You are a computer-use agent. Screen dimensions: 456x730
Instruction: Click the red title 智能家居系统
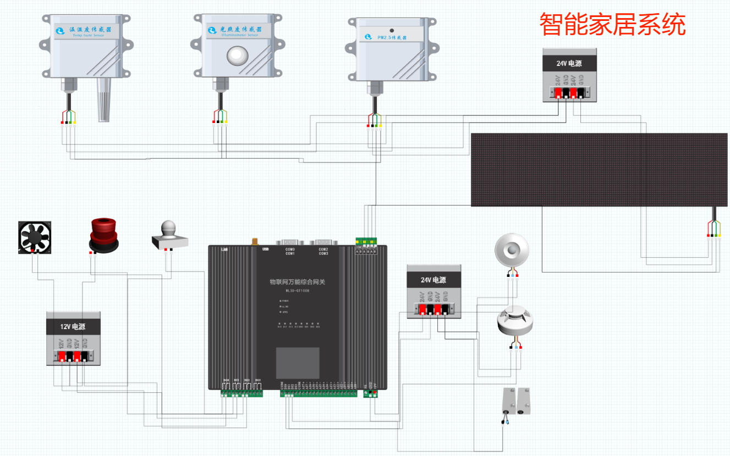coord(612,25)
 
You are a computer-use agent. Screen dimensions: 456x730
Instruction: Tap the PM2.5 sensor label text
coord(391,38)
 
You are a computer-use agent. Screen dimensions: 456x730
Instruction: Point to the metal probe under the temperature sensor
coord(104,99)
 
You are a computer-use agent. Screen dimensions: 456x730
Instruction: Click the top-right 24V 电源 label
coord(569,63)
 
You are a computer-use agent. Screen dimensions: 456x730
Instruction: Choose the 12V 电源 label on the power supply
coord(73,326)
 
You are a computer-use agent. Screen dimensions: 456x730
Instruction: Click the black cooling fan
coord(35,237)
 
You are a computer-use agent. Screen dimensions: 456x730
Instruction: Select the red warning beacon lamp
coord(103,235)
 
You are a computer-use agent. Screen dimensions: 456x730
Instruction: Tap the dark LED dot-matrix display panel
coord(600,170)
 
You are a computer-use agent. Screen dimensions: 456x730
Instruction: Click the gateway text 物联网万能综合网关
coord(297,281)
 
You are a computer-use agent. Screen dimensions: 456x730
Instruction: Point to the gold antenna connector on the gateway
coord(255,241)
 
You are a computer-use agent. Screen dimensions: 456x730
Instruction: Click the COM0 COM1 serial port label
coord(290,251)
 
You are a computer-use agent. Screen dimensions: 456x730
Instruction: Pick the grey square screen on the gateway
coord(297,363)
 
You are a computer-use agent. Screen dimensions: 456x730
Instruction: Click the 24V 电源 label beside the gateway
coord(433,280)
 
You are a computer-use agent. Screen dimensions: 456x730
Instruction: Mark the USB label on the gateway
coord(266,249)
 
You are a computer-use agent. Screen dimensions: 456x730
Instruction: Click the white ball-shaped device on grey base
coord(169,234)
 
